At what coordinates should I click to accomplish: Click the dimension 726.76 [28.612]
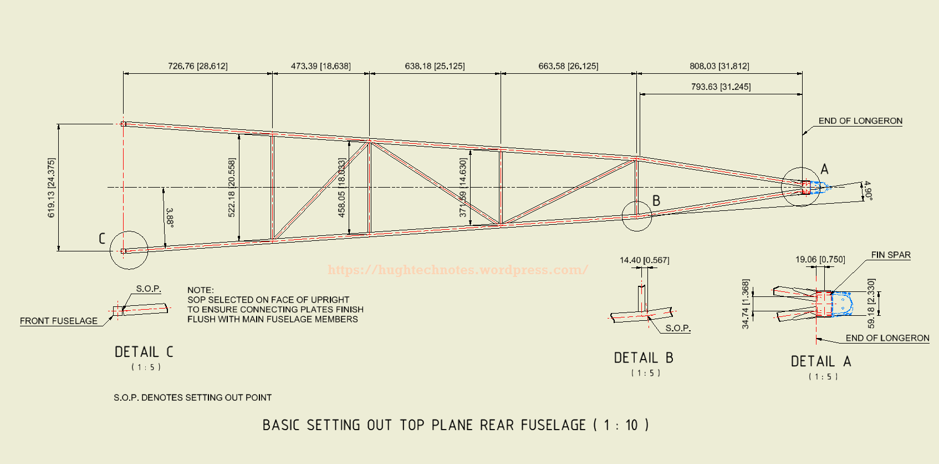(x=198, y=66)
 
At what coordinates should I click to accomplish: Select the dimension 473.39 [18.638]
(x=321, y=66)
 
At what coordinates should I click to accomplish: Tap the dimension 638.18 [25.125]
(x=435, y=66)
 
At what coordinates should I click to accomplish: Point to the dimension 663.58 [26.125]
(x=568, y=66)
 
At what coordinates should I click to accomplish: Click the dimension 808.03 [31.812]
(x=719, y=66)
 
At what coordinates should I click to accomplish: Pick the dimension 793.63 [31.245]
(x=721, y=87)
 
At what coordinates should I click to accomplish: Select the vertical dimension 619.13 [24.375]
(x=52, y=188)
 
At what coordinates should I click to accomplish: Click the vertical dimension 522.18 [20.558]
(x=232, y=188)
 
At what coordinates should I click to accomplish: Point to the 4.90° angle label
(x=867, y=190)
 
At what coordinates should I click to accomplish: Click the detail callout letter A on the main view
(x=824, y=169)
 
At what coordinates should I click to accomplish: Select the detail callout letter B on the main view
(x=656, y=200)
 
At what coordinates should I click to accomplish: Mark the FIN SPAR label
(x=891, y=255)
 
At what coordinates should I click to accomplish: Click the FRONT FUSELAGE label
(x=59, y=321)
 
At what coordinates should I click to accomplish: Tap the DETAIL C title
(x=144, y=352)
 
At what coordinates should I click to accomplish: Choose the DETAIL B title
(x=644, y=358)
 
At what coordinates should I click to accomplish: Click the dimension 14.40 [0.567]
(x=644, y=260)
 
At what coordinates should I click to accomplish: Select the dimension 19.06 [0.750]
(x=820, y=259)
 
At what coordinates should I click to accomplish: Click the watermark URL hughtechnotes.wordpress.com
(x=458, y=270)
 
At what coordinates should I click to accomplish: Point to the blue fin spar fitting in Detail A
(x=841, y=304)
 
